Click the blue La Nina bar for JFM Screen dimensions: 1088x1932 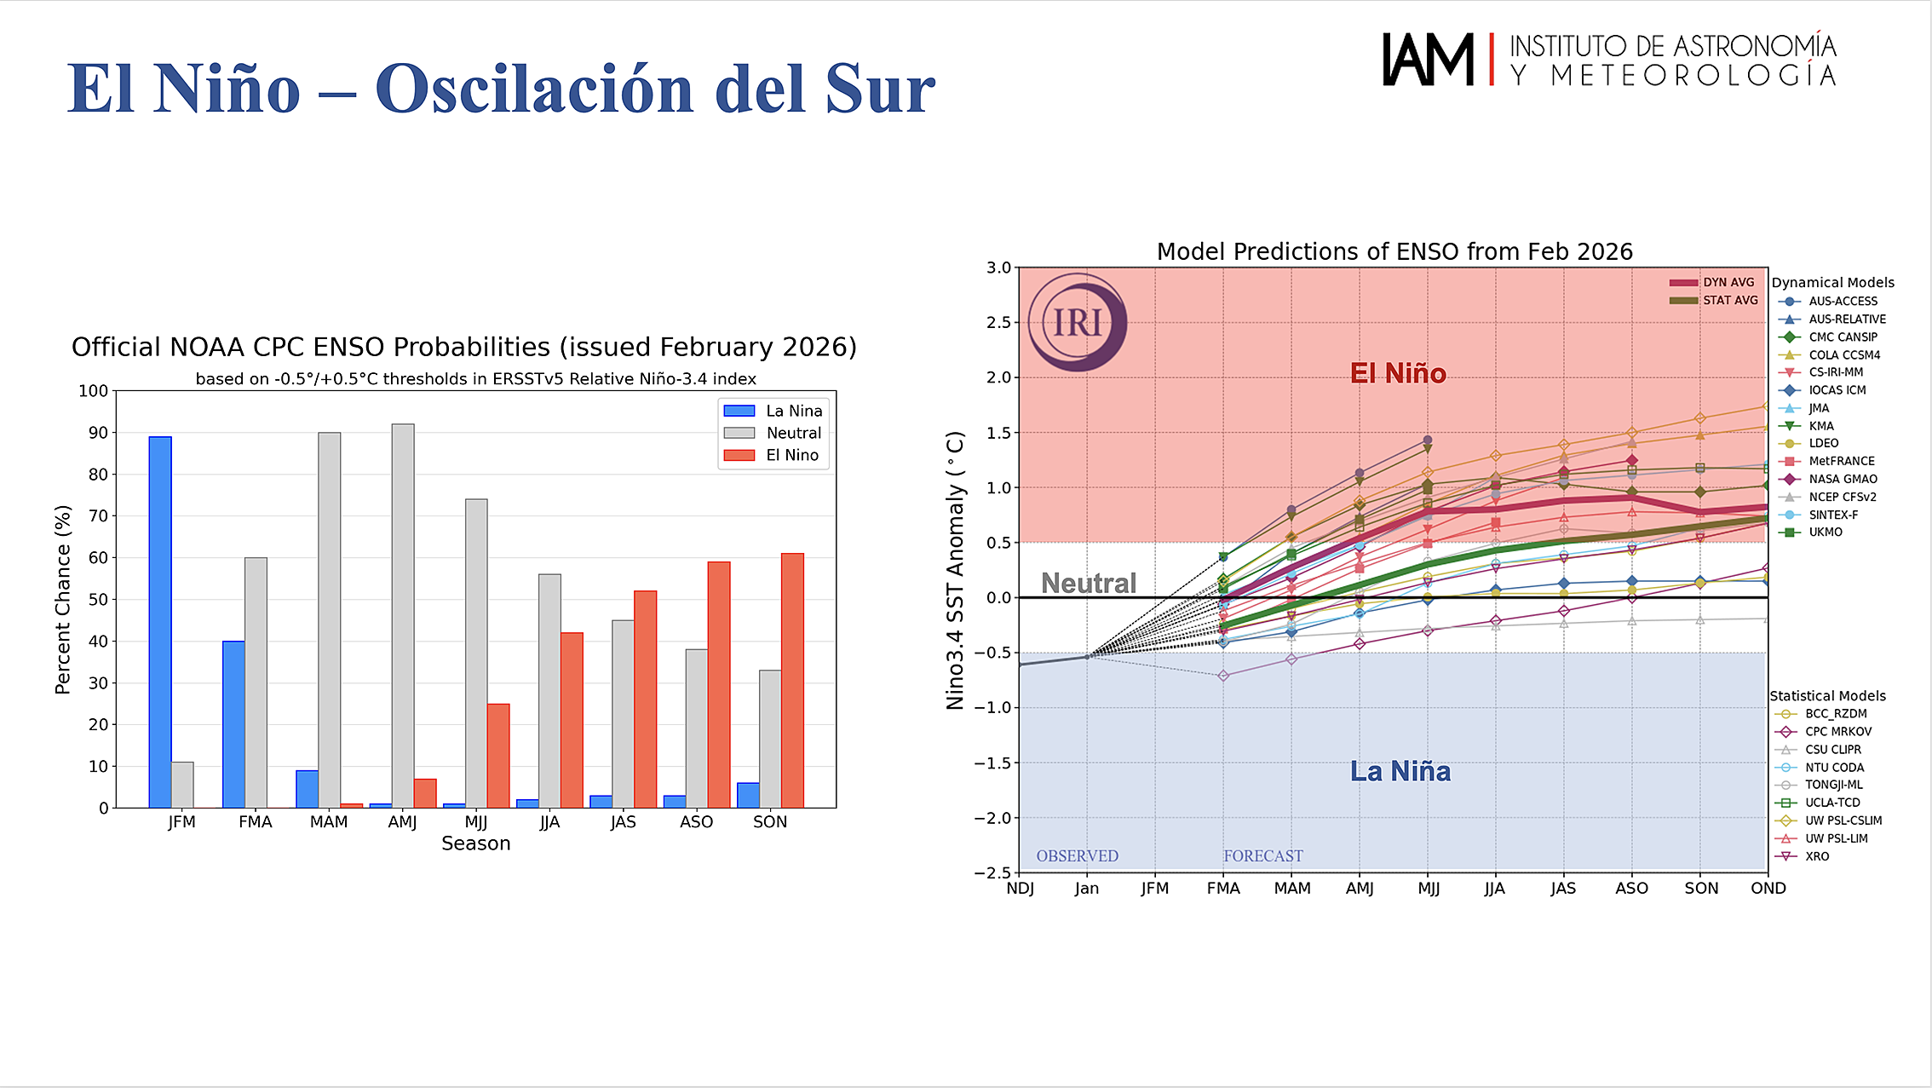(160, 622)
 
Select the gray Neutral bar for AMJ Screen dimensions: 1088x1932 (403, 615)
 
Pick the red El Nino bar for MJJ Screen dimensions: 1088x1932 (498, 755)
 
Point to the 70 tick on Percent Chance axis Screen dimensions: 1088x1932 (99, 516)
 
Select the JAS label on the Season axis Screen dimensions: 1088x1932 (624, 822)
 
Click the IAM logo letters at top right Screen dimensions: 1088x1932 (1428, 60)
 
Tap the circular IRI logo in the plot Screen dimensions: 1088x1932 (1078, 322)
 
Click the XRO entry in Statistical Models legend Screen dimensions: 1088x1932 (1817, 856)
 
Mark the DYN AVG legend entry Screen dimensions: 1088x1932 (1728, 283)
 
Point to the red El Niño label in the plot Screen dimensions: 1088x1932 (1398, 373)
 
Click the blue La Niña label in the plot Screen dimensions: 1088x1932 (1400, 771)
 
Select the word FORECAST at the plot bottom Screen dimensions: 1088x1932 (1263, 855)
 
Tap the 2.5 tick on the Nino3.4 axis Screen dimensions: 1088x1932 (998, 322)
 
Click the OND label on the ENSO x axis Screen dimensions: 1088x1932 (1768, 888)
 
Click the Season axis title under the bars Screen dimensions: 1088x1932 (475, 843)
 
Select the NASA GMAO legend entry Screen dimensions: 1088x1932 (1843, 479)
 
